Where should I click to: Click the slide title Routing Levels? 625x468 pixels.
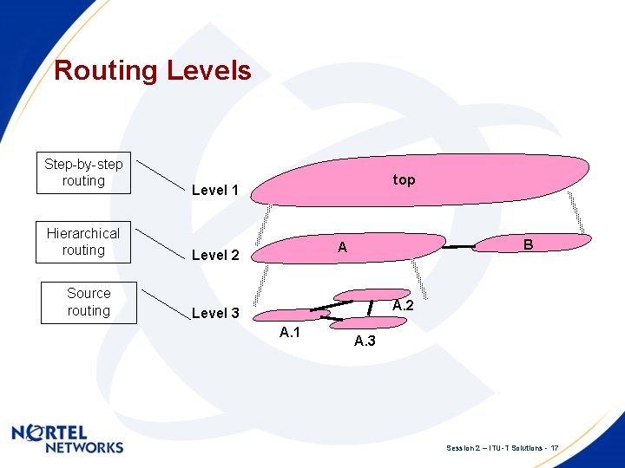click(x=153, y=70)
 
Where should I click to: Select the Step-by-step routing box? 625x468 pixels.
click(x=84, y=172)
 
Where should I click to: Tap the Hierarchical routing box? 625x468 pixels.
click(x=83, y=242)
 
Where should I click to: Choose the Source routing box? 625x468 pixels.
click(x=89, y=302)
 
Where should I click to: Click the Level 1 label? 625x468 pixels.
click(x=215, y=190)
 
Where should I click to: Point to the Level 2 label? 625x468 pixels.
click(x=215, y=255)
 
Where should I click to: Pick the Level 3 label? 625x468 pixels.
click(x=215, y=313)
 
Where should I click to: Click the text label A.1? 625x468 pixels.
click(x=290, y=334)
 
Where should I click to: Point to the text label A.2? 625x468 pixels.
click(x=403, y=306)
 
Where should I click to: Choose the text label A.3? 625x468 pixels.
click(x=365, y=341)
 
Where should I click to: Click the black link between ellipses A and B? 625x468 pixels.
click(x=460, y=247)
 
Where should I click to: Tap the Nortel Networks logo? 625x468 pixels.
click(x=68, y=439)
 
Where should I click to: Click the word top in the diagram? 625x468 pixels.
click(x=404, y=179)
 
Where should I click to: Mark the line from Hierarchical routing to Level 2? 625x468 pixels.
click(x=161, y=244)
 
